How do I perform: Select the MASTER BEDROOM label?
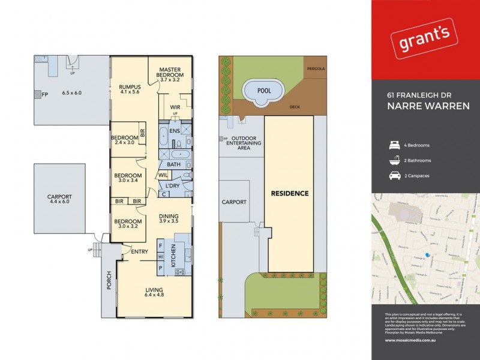tap(170, 73)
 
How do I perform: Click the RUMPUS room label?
tap(130, 88)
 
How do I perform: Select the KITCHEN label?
tap(173, 256)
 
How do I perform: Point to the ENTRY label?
tap(139, 251)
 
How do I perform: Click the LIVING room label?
tap(154, 290)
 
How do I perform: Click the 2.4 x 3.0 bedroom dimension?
tap(125, 143)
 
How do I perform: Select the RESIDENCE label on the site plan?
tap(290, 193)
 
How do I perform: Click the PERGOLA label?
tap(316, 68)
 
